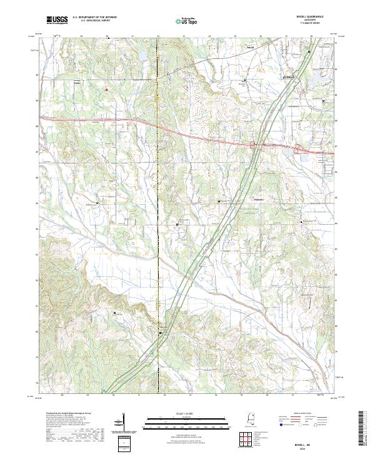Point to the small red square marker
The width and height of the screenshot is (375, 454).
coord(106,90)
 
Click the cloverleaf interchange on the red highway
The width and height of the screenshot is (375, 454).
coord(254,146)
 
